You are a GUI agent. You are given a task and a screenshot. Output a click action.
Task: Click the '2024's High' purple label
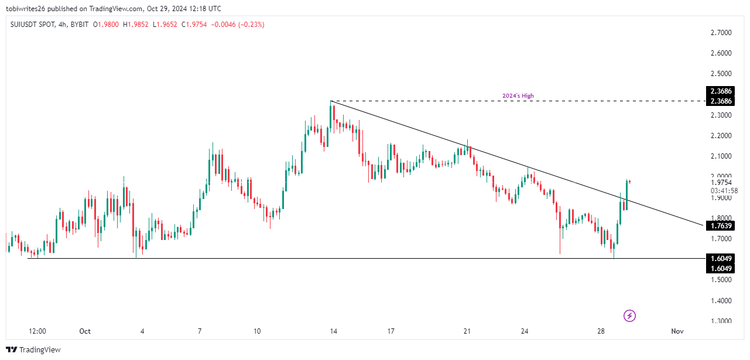[518, 96]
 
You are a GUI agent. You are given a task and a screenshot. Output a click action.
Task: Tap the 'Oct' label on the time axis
[85, 331]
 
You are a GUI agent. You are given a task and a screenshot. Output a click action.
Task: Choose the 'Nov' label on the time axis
[677, 331]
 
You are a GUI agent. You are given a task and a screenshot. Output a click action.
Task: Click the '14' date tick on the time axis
[333, 331]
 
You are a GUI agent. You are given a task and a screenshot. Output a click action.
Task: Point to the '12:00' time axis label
[37, 331]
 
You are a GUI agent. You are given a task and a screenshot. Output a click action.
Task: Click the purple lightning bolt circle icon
[629, 316]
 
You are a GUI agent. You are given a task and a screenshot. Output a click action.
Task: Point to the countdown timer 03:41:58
[723, 191]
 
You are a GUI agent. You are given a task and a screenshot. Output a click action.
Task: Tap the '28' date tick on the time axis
[601, 331]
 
